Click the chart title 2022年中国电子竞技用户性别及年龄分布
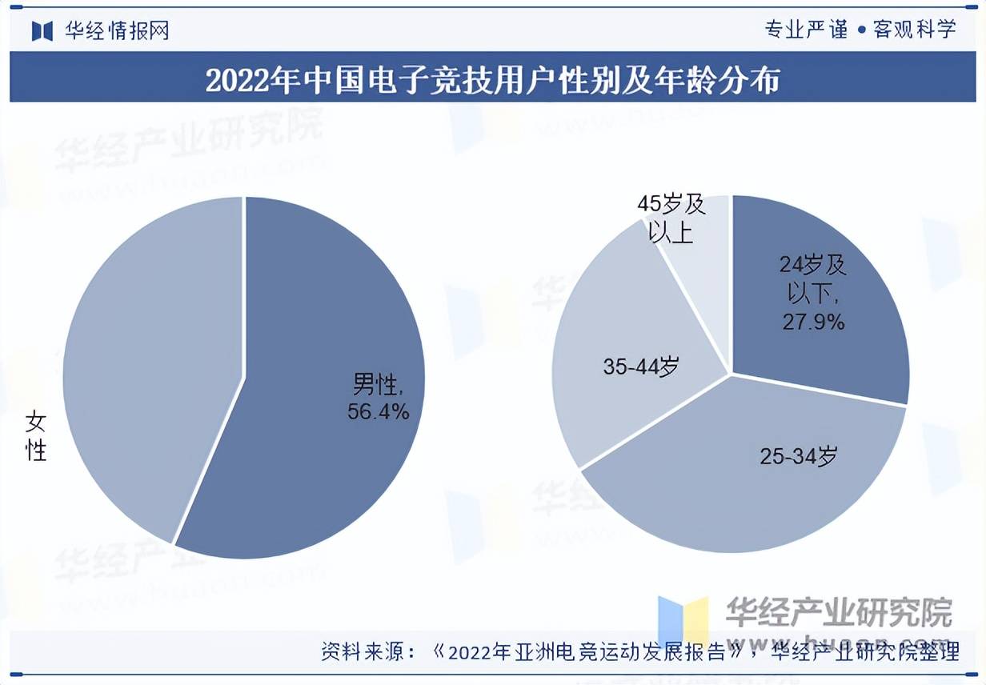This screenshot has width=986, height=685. click(492, 81)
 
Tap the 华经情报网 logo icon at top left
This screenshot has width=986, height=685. click(42, 30)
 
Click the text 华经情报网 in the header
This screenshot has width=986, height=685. click(117, 30)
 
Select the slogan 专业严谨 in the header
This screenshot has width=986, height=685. click(806, 30)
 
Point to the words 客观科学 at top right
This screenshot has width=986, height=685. click(915, 30)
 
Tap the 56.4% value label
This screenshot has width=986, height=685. click(378, 411)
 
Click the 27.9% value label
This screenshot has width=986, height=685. click(812, 322)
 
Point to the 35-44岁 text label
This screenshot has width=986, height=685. click(640, 367)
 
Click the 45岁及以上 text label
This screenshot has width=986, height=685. click(671, 218)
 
